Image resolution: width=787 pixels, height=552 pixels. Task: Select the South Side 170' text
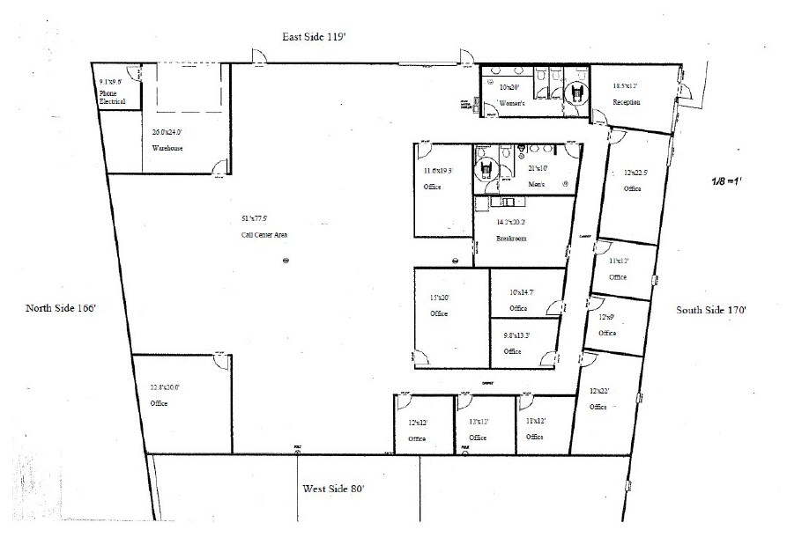pos(711,310)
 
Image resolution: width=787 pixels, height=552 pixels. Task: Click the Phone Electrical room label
pos(112,97)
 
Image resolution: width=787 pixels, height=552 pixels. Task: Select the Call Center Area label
pos(264,235)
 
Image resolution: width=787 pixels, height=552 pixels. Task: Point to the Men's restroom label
pos(537,184)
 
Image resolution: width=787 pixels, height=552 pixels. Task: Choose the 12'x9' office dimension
pos(606,316)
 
